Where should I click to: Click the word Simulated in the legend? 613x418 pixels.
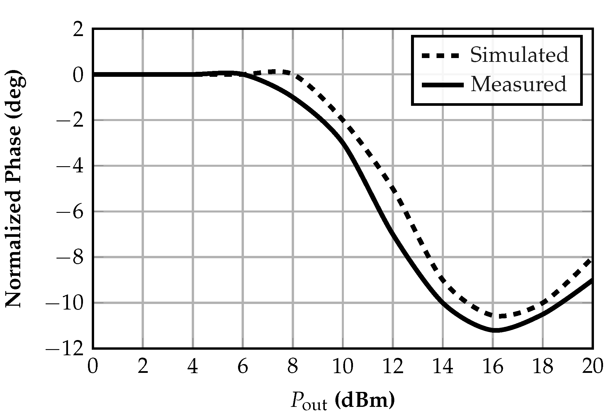[519, 55]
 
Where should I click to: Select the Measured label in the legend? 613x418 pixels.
[518, 85]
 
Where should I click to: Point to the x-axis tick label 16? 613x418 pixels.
[493, 367]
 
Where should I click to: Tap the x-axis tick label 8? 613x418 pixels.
[293, 367]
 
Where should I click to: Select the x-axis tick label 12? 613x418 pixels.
[393, 367]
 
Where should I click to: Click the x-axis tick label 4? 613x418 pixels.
[193, 367]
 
